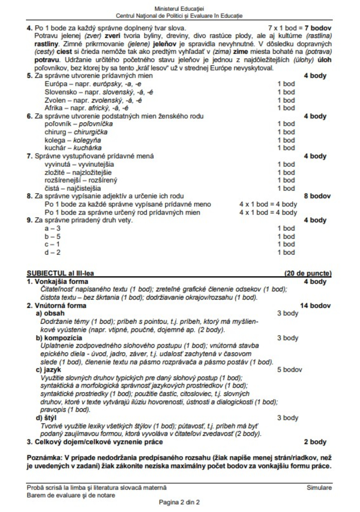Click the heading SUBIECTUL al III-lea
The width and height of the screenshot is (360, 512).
point(60,273)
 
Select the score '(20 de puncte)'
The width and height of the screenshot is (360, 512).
point(308,273)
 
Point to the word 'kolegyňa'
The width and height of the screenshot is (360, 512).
point(87,140)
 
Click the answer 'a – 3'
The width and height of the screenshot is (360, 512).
point(52,228)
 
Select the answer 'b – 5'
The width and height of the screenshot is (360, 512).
point(52,236)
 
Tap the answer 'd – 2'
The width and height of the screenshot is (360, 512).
point(52,252)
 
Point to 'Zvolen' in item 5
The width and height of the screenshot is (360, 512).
point(55,100)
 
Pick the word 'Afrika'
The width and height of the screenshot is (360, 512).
point(53,108)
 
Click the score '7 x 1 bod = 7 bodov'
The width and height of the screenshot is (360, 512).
point(300,28)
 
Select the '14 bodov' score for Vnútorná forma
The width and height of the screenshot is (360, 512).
point(315,306)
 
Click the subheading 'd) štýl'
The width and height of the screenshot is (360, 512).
point(46,418)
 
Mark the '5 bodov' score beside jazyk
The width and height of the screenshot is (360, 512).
point(289,370)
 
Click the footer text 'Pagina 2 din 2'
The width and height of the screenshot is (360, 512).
point(179,502)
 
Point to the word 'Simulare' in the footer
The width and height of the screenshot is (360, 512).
point(319,488)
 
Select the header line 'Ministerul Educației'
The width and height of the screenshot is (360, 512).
point(179,9)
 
